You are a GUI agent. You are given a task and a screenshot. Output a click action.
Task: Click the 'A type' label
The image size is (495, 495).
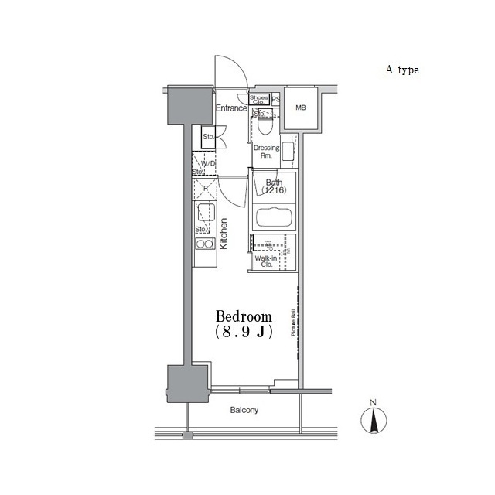pos(402,70)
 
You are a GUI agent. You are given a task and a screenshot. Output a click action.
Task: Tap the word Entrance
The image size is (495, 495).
pos(231,108)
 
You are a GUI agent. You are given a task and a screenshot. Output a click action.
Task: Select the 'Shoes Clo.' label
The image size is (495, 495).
pos(259,99)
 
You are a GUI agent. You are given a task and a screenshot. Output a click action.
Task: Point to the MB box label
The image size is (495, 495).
pos(300,108)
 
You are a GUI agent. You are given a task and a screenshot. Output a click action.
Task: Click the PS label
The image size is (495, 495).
pos(276,99)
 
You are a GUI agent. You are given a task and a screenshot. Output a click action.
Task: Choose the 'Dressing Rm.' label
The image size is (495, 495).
pos(265,151)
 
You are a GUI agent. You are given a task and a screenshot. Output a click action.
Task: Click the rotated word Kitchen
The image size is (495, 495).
pos(224,233)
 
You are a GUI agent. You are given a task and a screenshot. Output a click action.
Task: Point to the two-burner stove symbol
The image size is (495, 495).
pos(205,245)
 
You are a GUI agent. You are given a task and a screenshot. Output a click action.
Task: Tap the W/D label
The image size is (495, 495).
pos(207,164)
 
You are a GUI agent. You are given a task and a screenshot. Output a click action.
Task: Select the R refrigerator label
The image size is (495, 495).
pos(206,188)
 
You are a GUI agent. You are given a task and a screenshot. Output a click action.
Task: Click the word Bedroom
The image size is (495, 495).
pos(244,317)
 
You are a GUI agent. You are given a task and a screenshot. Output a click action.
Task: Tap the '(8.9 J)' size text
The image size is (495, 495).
pos(243,333)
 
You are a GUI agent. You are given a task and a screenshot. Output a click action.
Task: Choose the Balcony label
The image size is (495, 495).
pos(244,411)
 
